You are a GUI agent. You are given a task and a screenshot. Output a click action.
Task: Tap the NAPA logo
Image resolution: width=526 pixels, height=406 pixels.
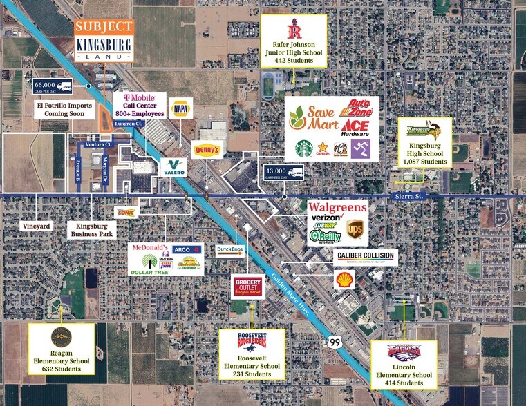(x=180, y=108)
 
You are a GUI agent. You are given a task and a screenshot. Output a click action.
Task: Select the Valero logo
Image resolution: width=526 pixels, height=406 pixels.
(x=173, y=167)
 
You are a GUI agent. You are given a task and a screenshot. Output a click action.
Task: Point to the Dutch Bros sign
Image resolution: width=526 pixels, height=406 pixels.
(x=229, y=251)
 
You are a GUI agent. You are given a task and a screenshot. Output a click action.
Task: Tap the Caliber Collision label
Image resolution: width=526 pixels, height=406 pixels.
(x=366, y=256)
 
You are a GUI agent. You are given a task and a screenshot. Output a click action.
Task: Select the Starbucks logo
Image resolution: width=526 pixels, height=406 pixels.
(x=304, y=148)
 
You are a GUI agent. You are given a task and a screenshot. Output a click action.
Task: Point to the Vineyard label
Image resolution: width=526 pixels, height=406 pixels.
(x=35, y=226)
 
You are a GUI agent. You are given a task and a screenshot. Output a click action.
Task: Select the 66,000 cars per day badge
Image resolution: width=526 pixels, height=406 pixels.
(x=53, y=86)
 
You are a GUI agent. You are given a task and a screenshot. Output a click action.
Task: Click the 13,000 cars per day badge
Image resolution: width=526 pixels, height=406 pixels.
(x=284, y=173)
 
